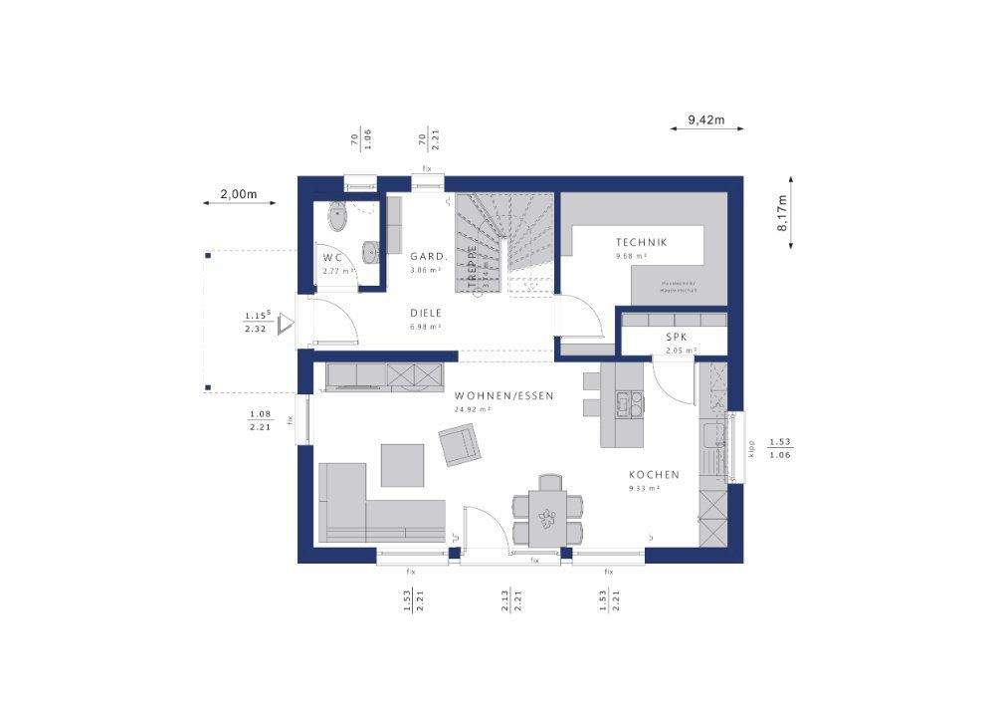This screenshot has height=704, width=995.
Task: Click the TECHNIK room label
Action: pyautogui.click(x=641, y=242)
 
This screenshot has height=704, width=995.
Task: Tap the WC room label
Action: pyautogui.click(x=332, y=258)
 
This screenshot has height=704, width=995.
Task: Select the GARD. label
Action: pyautogui.click(x=426, y=256)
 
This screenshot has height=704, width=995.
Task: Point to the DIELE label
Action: pyautogui.click(x=426, y=312)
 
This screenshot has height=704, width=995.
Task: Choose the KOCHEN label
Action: pyautogui.click(x=654, y=475)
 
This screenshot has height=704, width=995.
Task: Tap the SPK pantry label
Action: pyautogui.click(x=677, y=338)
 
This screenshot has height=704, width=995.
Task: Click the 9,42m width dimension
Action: pyautogui.click(x=705, y=121)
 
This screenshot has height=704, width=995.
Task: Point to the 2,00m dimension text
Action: pyautogui.click(x=239, y=194)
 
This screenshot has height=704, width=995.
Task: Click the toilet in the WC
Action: pyautogui.click(x=336, y=215)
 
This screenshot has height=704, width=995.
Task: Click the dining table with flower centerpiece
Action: pyautogui.click(x=546, y=515)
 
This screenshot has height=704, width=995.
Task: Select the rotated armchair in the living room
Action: pyautogui.click(x=458, y=443)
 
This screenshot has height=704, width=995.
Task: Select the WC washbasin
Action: pyautogui.click(x=371, y=253)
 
